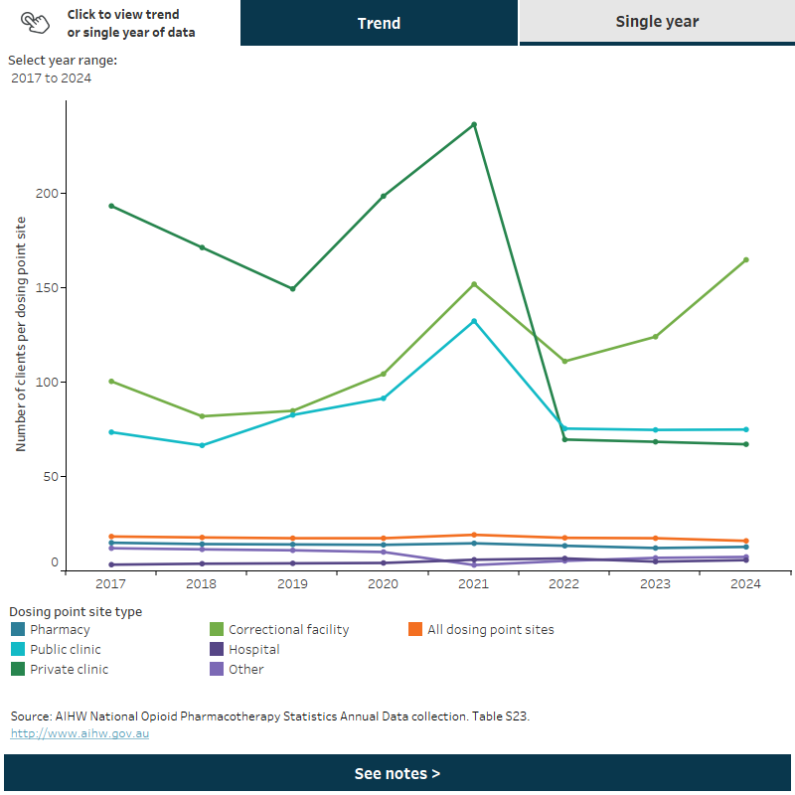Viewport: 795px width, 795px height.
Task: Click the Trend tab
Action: pos(379,22)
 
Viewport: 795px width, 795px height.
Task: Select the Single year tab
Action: pos(657,22)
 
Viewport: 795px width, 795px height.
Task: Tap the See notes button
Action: pos(397,773)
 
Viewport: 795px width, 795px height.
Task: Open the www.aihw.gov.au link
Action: pos(79,733)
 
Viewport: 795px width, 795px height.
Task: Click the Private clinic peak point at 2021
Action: pos(474,124)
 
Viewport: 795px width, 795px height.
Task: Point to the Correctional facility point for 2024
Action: pos(745,260)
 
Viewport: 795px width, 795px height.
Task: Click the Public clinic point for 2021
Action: pos(474,321)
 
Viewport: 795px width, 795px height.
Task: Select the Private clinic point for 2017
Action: pos(111,206)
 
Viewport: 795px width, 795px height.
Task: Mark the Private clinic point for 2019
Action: pos(292,289)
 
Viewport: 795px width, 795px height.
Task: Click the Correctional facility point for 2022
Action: pos(564,361)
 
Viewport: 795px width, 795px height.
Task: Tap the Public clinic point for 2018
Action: pos(202,445)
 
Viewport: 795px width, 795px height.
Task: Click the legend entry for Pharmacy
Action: pos(60,629)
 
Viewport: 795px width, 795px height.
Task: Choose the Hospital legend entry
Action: pos(253,649)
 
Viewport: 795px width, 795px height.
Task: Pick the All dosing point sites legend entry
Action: pos(490,629)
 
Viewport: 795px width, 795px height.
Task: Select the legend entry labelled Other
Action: pos(245,669)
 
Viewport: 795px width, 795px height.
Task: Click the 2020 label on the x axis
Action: pos(383,584)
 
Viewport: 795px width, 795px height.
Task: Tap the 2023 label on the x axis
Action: pos(655,584)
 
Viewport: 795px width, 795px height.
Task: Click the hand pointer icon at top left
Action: pos(34,23)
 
